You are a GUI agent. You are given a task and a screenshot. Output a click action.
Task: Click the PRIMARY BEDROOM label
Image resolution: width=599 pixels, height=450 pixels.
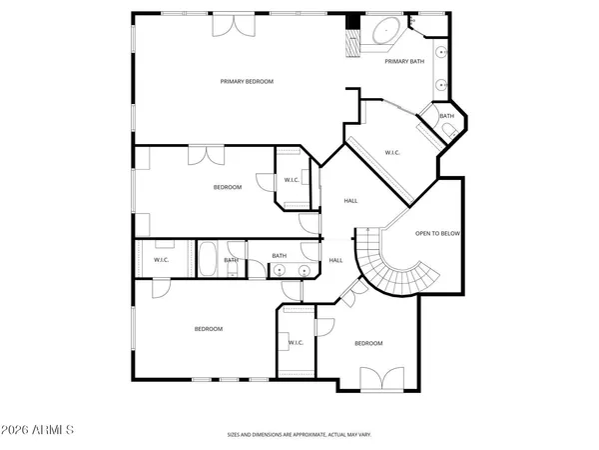(x=247, y=81)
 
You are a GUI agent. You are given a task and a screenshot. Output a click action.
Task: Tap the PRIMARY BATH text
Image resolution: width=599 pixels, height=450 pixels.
(x=404, y=62)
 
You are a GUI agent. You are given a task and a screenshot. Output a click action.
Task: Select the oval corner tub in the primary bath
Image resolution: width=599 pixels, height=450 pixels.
(x=383, y=31)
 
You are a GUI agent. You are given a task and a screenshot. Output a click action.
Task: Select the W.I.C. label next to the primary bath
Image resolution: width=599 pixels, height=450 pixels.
(x=392, y=153)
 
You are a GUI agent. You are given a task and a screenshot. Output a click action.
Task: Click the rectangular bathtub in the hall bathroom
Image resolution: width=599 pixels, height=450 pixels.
(x=209, y=260)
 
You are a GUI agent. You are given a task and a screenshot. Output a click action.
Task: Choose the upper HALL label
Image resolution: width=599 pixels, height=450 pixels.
(x=350, y=201)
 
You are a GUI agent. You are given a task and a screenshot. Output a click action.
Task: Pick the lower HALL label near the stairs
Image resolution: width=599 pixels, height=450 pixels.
(x=335, y=260)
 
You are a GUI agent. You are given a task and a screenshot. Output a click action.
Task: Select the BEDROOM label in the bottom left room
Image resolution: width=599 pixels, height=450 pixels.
(x=208, y=329)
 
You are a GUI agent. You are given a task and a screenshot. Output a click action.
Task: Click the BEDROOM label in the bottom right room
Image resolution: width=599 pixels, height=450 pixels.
(x=368, y=343)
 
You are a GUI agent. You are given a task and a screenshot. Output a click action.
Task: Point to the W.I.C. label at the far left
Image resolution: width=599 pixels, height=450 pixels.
(x=160, y=260)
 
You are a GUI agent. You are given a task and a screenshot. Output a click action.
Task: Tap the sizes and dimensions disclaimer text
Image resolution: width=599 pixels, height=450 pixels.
(x=299, y=435)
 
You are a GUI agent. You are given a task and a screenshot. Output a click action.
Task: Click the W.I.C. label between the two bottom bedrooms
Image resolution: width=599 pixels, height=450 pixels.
(x=296, y=343)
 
